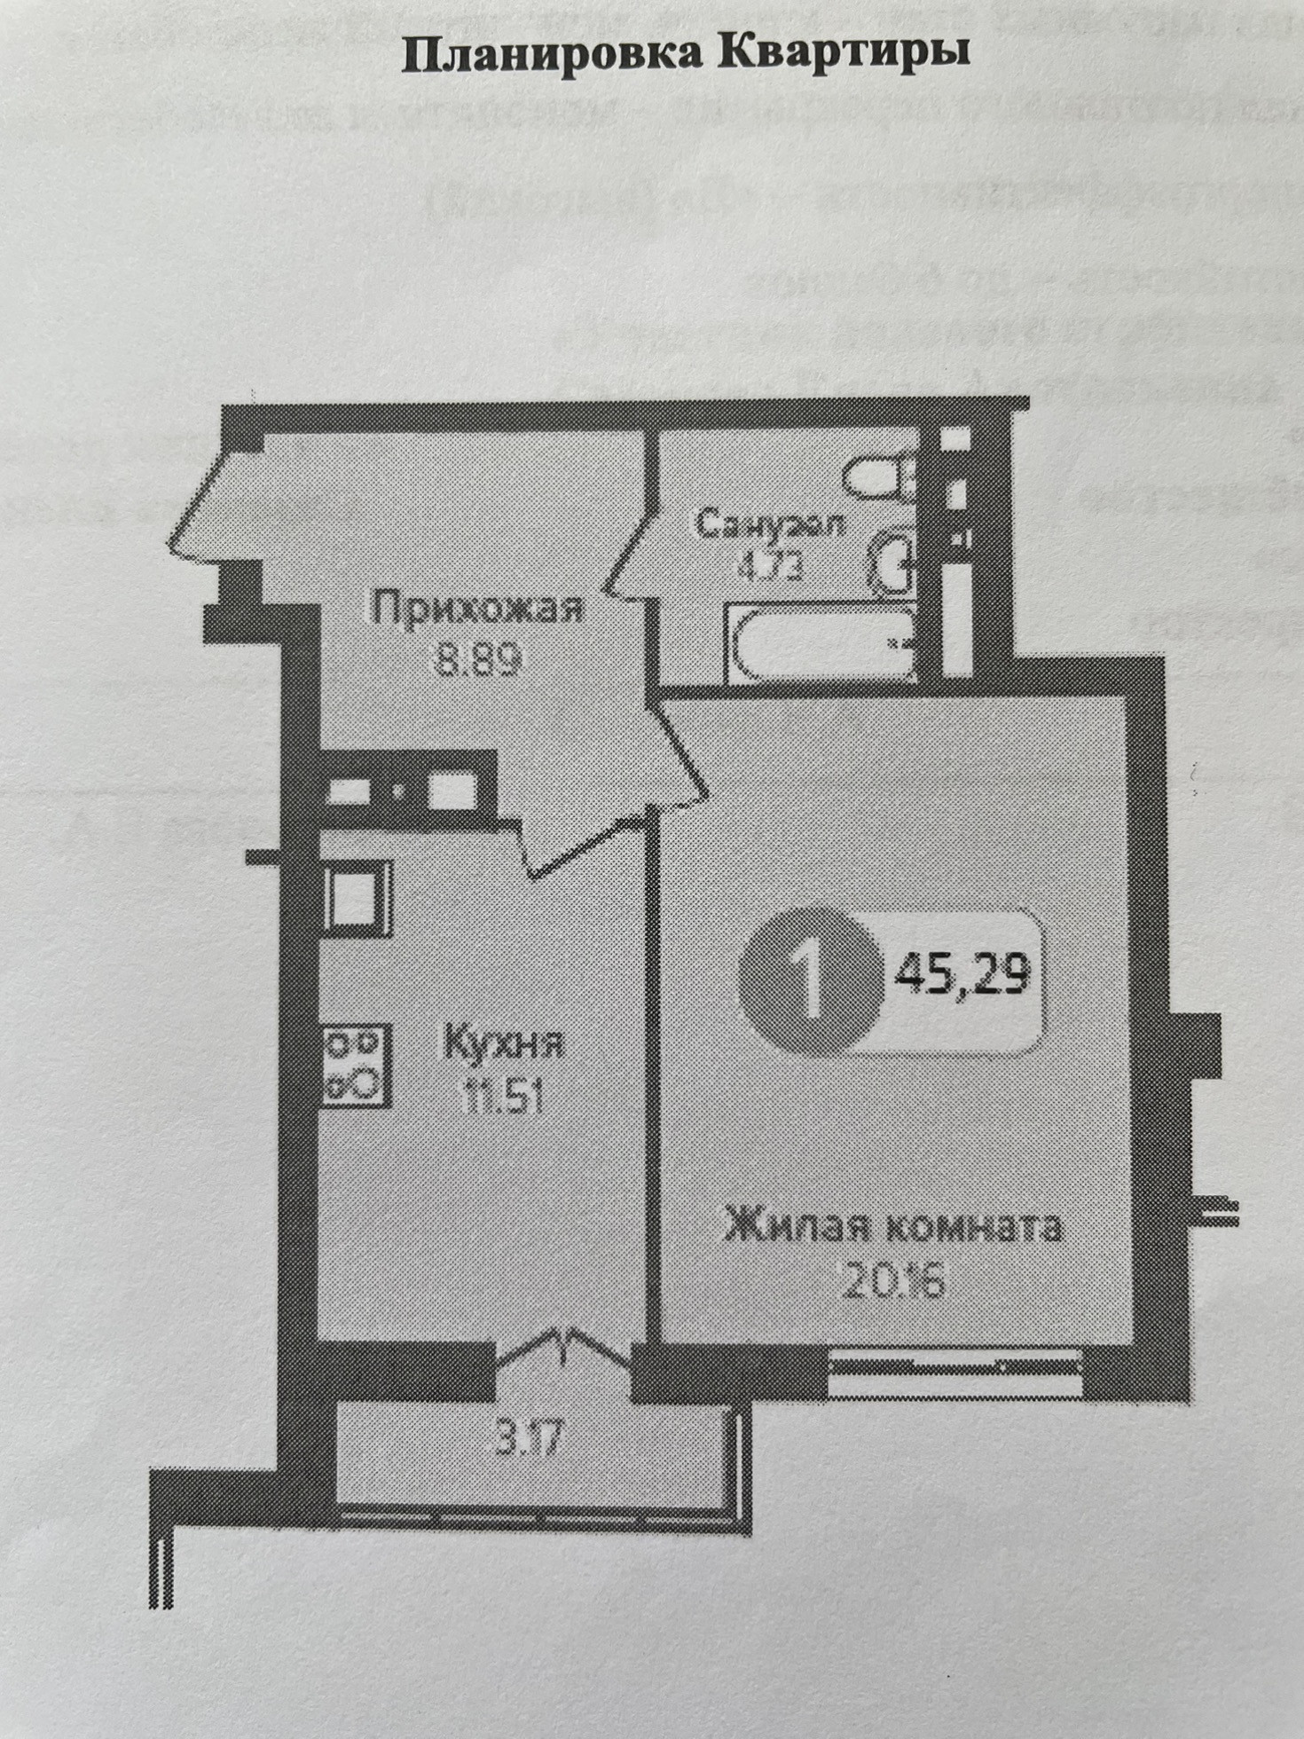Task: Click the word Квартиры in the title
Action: point(843,55)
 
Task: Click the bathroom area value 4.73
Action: point(769,564)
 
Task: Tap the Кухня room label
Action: point(503,1043)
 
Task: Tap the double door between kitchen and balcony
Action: point(564,1353)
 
